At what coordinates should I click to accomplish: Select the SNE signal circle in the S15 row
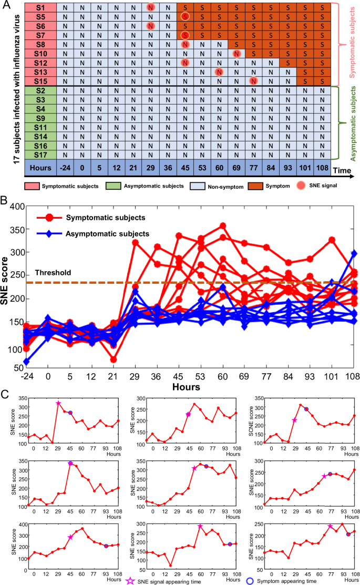click(253, 81)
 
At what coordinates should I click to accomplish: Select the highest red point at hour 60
click(223, 226)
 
